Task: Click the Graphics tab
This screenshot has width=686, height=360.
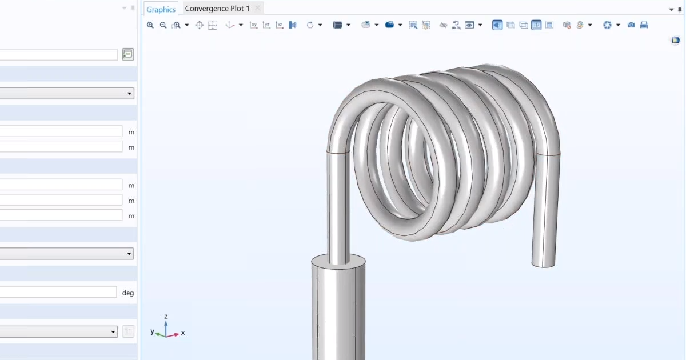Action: point(161,9)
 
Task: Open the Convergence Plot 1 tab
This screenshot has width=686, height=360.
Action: point(217,9)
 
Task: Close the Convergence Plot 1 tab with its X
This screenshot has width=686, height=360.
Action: point(258,9)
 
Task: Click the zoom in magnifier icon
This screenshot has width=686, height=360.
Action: point(150,25)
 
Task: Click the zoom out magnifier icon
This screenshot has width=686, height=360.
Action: point(163,25)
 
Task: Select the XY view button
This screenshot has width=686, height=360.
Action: point(254,25)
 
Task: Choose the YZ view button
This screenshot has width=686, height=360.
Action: point(266,25)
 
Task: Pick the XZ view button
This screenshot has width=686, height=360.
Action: point(280,25)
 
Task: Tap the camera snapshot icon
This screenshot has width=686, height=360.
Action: point(631,25)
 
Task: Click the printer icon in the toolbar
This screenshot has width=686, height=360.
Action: point(644,25)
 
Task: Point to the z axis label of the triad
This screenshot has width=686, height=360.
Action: point(166,316)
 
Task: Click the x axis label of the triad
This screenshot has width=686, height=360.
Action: point(183,333)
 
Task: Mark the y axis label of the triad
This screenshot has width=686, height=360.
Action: point(153,331)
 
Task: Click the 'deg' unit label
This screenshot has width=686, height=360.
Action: point(128,293)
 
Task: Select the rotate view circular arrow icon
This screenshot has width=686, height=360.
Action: point(310,25)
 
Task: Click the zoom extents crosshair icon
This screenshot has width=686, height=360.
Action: point(200,25)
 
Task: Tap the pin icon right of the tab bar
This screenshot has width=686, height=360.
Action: point(680,9)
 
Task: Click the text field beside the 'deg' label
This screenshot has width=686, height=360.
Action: point(57,292)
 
